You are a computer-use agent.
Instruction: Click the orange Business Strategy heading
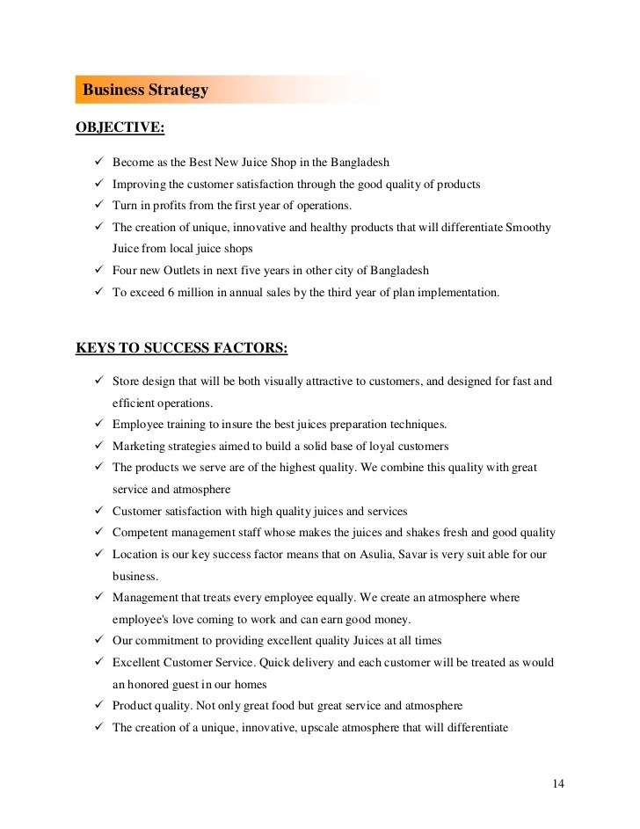[x=144, y=91]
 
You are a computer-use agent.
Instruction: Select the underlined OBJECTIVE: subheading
[x=120, y=127]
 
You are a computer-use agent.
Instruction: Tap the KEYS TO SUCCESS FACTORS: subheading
[x=181, y=347]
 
